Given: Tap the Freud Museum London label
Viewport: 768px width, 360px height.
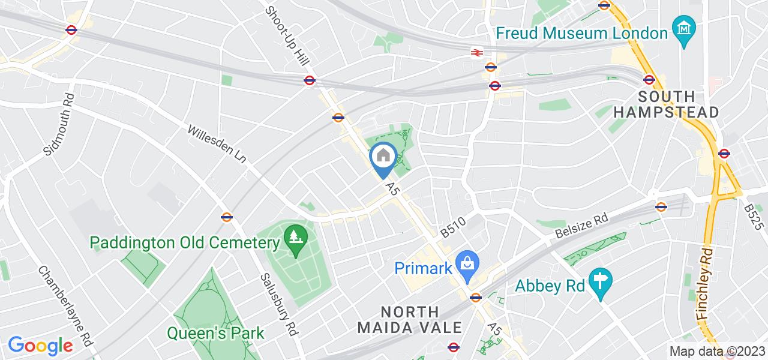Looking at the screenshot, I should (x=582, y=32).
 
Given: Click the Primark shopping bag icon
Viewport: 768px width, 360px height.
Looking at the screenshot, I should (x=466, y=263).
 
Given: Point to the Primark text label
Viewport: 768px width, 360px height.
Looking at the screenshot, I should (x=422, y=268).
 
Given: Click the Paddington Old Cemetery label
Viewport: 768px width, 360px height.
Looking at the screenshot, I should (x=185, y=243).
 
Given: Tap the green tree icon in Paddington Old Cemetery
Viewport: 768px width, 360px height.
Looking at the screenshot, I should (x=295, y=235).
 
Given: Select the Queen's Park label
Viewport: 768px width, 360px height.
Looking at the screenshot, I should (x=215, y=332).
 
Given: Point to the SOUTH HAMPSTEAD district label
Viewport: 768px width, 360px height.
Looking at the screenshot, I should (x=679, y=104).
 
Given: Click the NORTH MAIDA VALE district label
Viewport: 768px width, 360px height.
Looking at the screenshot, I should (x=410, y=319).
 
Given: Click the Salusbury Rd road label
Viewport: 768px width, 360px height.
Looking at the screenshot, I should (x=279, y=306).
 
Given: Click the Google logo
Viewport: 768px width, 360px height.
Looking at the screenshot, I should (x=40, y=346).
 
